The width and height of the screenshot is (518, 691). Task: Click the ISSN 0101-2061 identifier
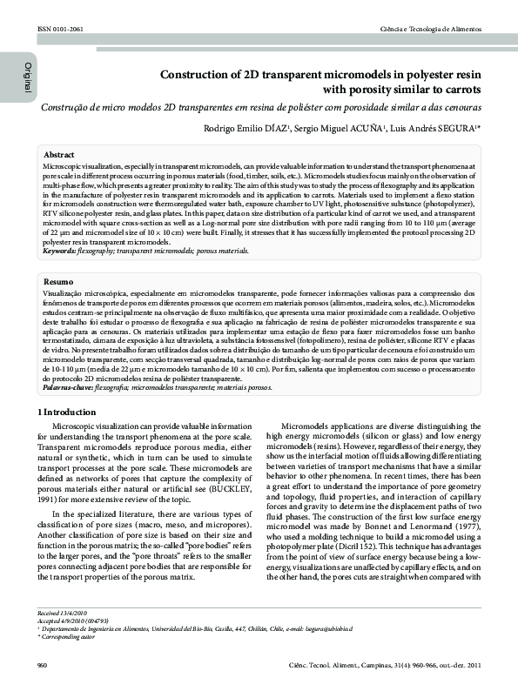60,30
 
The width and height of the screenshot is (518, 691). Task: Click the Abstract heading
58,153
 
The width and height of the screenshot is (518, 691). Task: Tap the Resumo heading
57,283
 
